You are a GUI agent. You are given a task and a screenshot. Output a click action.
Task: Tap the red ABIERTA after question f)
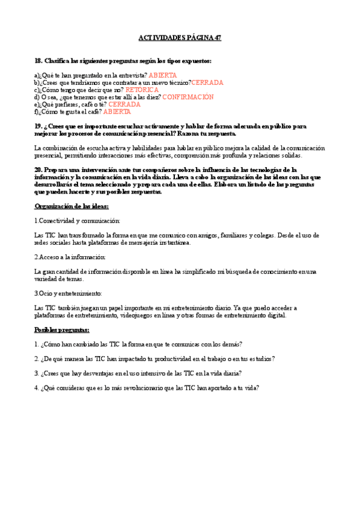point(117,111)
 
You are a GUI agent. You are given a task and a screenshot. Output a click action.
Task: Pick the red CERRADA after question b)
point(207,82)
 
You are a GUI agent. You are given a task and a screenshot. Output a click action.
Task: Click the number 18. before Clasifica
point(38,61)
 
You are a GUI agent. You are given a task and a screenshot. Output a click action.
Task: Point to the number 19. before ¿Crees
point(38,126)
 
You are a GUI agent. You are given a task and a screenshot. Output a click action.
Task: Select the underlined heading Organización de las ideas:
point(72,206)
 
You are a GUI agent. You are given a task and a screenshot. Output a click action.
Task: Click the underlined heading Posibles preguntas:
point(62,330)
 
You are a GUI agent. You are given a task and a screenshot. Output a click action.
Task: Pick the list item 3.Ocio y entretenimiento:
point(68,293)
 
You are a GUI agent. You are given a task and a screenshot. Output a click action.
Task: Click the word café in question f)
point(94,111)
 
